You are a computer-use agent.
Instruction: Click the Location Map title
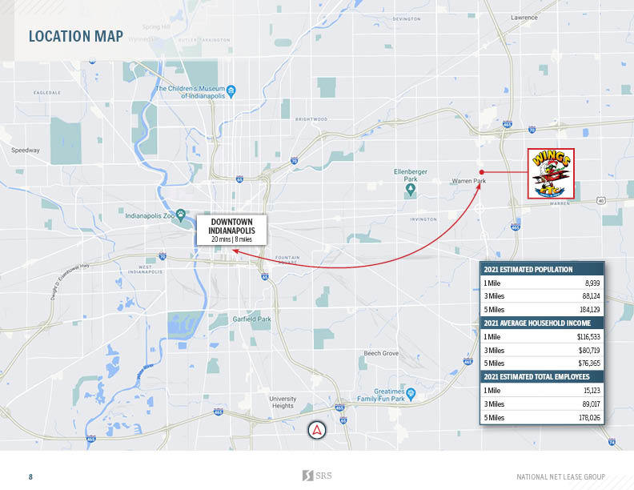tap(75, 36)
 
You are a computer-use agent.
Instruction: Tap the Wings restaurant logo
tap(550, 173)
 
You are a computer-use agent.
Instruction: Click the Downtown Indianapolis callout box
tap(231, 230)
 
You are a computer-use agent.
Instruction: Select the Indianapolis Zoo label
tap(150, 215)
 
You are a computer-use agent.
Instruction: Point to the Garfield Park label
tap(252, 319)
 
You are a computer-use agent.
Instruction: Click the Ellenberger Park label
tap(411, 175)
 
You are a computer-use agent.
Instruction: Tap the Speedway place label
tap(25, 150)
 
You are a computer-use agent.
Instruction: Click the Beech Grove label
tap(381, 353)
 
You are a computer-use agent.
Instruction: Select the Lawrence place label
tap(524, 17)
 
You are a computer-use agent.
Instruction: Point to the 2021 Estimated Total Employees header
tap(538, 376)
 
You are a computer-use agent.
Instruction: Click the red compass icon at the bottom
tap(318, 430)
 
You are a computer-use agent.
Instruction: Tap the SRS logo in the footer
tap(317, 476)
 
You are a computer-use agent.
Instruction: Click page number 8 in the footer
tap(31, 477)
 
